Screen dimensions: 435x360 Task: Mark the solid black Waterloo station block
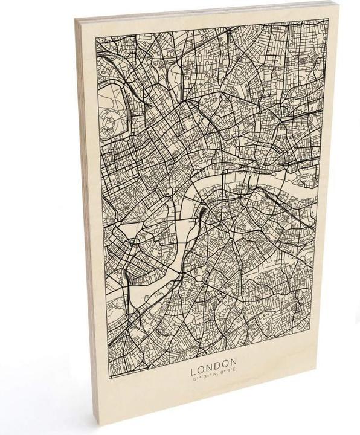click(x=201, y=213)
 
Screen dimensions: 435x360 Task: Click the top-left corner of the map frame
click(x=96, y=39)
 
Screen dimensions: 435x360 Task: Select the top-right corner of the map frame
click(x=329, y=19)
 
